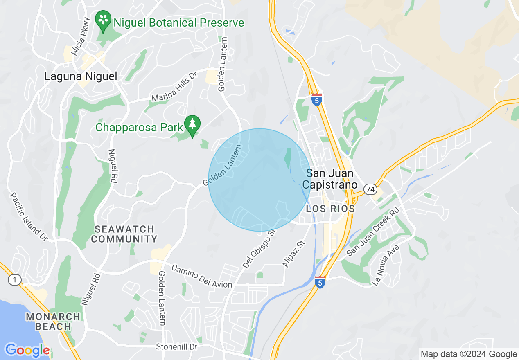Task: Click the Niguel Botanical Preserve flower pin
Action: (x=103, y=20)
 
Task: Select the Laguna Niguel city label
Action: (x=81, y=76)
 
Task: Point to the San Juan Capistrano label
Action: (x=330, y=179)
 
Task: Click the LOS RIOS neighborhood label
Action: (x=330, y=209)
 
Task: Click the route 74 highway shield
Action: (x=371, y=189)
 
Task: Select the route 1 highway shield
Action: (x=14, y=280)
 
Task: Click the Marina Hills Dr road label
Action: (x=174, y=87)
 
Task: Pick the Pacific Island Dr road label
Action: (x=29, y=216)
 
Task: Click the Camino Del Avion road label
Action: (x=201, y=276)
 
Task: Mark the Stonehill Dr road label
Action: (x=177, y=347)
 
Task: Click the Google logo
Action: (x=27, y=350)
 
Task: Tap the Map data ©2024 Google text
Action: (x=469, y=354)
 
